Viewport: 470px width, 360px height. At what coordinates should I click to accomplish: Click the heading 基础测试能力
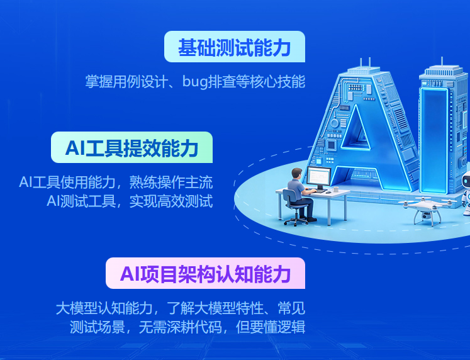click(x=234, y=47)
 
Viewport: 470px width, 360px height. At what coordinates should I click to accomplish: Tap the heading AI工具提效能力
click(x=131, y=148)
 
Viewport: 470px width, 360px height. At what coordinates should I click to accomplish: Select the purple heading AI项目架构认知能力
click(x=205, y=274)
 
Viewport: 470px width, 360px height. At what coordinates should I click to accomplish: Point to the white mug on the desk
click(x=336, y=189)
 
